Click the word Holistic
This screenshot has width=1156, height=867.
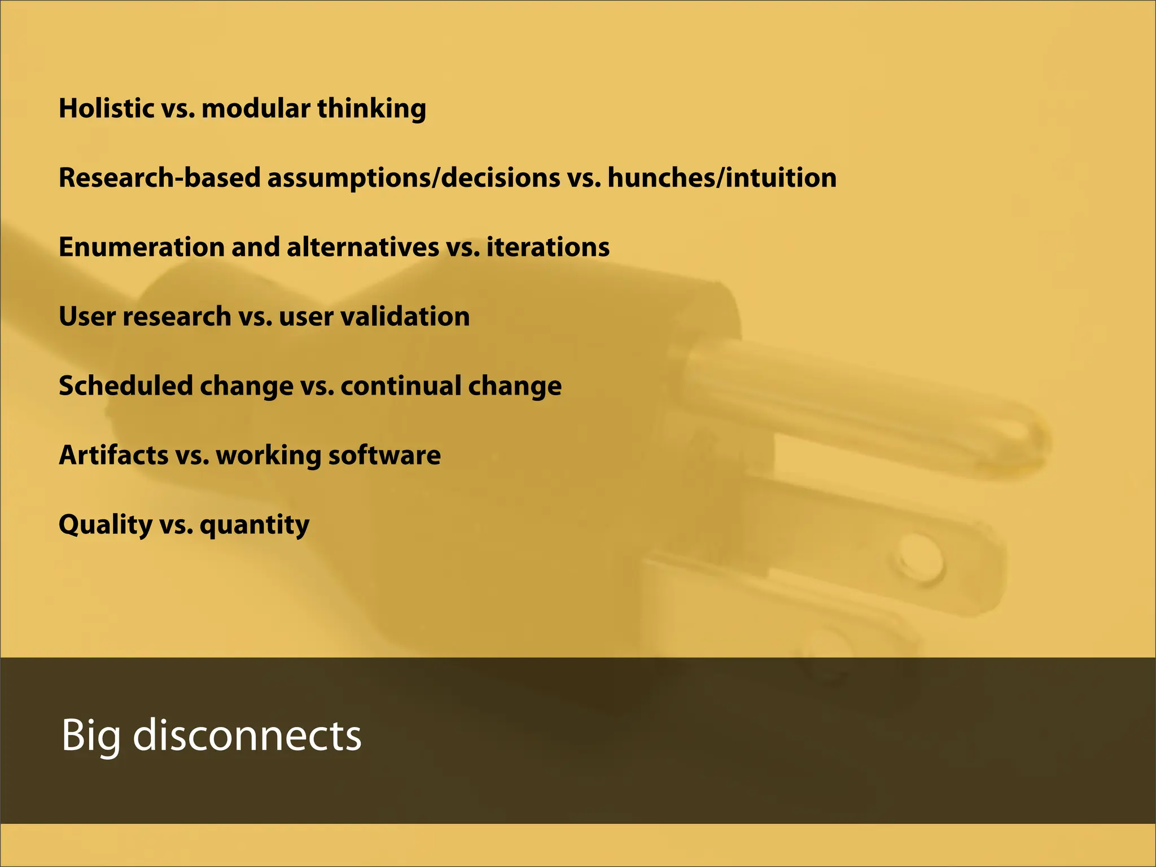[x=107, y=108]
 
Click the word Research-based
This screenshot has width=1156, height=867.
[x=159, y=178]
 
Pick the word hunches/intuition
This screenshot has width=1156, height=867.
[x=722, y=178]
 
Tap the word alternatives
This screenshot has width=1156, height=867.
[x=362, y=247]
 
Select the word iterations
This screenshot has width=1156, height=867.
[x=548, y=247]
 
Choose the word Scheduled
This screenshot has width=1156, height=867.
[x=125, y=386]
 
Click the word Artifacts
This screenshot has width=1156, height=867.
[x=113, y=456]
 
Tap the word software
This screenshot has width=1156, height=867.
[x=384, y=456]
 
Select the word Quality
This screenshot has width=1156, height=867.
[x=105, y=526]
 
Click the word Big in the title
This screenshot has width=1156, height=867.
[x=90, y=736]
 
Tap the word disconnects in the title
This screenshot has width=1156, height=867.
[x=247, y=735]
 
